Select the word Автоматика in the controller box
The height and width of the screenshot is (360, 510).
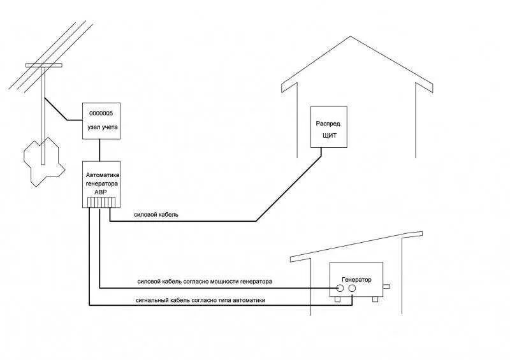[102, 174]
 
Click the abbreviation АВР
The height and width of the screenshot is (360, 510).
[101, 191]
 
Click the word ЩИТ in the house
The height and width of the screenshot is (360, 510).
[329, 134]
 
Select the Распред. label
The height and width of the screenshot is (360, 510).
[329, 124]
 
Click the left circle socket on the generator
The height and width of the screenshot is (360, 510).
[340, 289]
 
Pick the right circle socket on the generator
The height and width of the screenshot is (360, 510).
[352, 289]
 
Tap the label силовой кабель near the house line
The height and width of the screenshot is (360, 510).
[156, 215]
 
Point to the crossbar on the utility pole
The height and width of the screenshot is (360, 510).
[43, 65]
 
